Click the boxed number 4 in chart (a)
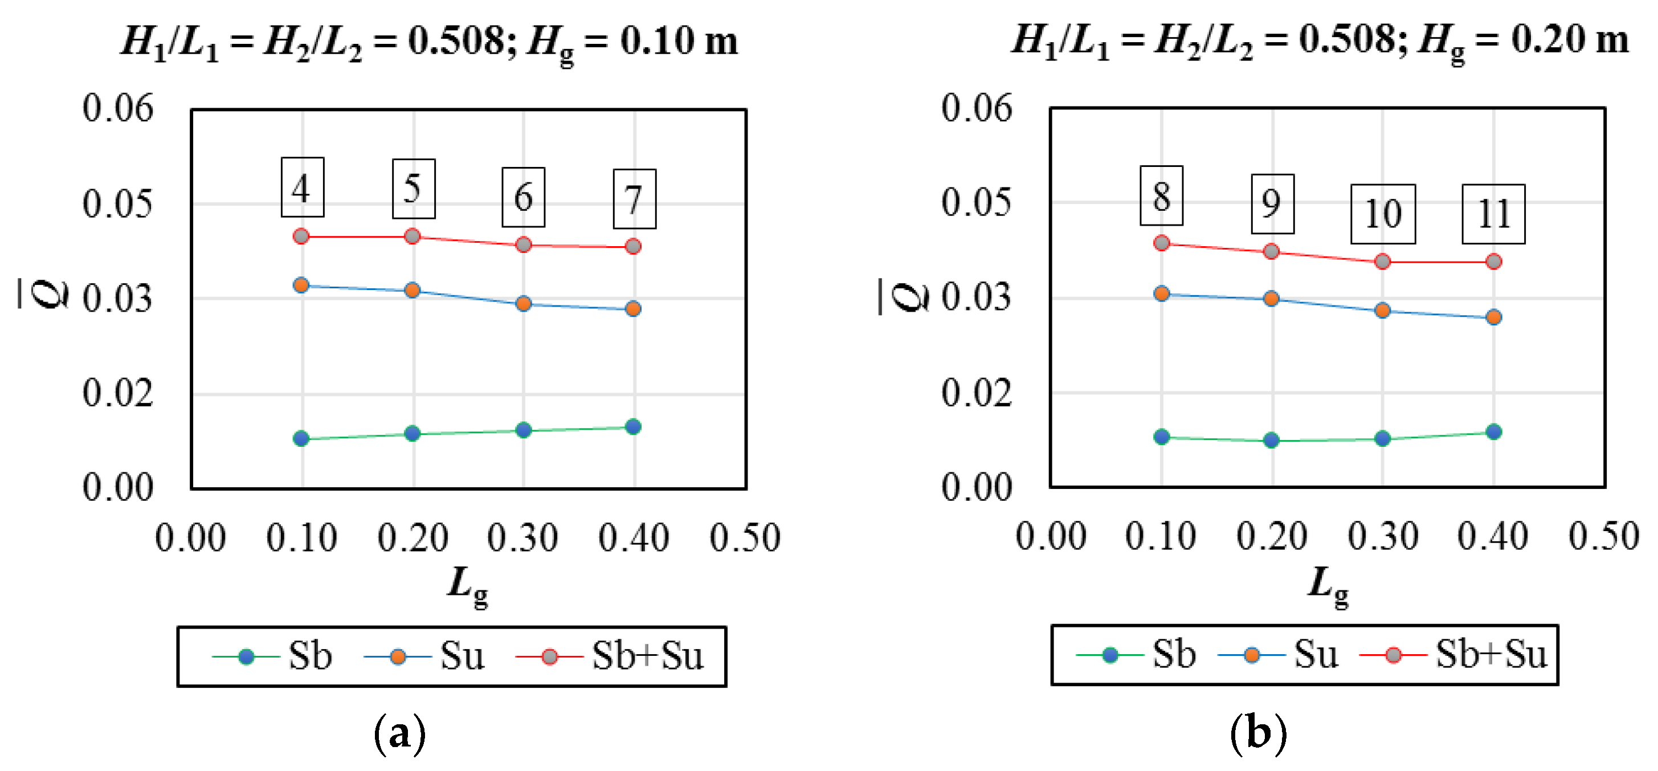[302, 187]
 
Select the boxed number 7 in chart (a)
[634, 199]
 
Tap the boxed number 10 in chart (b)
[1383, 214]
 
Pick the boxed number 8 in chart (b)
[1161, 195]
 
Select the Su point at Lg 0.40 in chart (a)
[634, 309]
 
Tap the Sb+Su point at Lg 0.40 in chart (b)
[1494, 262]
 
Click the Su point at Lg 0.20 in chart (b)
[1271, 299]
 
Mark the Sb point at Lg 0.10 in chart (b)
[1161, 437]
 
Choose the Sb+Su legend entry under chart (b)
[1455, 655]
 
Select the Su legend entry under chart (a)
[425, 656]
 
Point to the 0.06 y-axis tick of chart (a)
[118, 108]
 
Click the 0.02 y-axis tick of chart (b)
[977, 393]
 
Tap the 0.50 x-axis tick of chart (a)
[745, 538]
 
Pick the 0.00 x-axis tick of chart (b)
[1051, 537]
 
